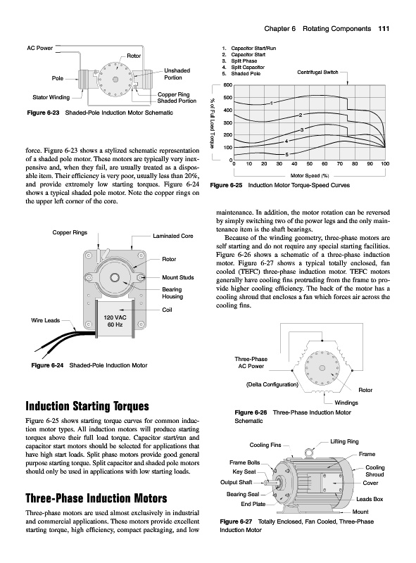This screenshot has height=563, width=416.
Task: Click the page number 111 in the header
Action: tap(384, 29)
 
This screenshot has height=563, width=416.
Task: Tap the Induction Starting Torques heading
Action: tap(87, 406)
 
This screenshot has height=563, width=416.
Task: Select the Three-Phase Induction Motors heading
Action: tap(96, 498)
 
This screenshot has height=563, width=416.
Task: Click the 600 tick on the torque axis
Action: tap(228, 85)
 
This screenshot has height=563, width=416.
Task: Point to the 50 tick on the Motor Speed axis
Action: tap(309, 164)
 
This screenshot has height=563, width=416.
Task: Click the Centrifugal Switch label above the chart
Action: tap(317, 72)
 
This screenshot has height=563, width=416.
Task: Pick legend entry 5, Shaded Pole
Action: tap(241, 74)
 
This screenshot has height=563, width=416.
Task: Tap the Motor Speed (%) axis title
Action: tap(310, 175)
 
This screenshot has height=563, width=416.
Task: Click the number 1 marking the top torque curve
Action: tap(272, 103)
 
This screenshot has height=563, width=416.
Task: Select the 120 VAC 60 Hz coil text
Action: tap(115, 321)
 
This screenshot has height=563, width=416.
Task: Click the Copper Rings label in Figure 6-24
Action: tap(70, 233)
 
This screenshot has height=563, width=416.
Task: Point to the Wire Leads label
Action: tap(45, 320)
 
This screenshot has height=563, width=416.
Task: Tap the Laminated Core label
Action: tap(172, 236)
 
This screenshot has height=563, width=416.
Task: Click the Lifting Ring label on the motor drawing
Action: tap(344, 442)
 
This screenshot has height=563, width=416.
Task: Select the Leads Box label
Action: tap(370, 499)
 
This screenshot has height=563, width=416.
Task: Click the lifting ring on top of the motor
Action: tap(308, 453)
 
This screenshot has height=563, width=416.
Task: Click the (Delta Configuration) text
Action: tap(272, 384)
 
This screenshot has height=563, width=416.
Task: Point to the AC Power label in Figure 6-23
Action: tap(39, 48)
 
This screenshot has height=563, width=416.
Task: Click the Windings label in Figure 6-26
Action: tap(346, 403)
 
